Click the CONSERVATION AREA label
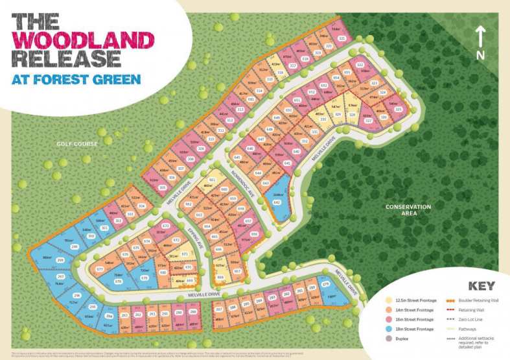pos(408,210)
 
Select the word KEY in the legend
pos(480,286)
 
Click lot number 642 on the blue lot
pos(277,202)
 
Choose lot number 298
pos(60,260)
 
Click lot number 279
pos(325,284)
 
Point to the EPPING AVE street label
pos(196,242)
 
